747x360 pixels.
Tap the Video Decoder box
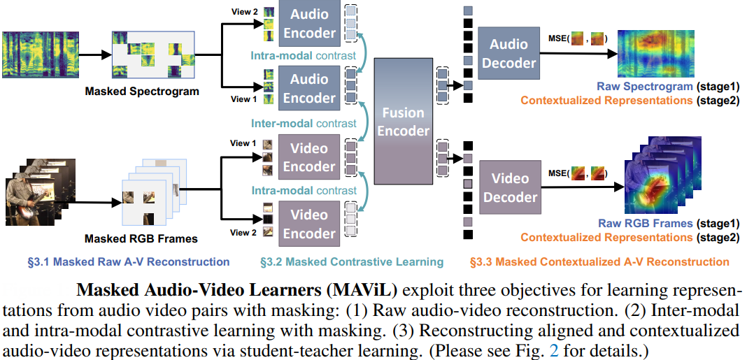tap(510, 187)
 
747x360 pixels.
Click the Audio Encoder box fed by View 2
tap(309, 22)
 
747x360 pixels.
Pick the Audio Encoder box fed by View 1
tap(309, 88)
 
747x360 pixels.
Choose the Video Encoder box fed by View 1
tap(309, 157)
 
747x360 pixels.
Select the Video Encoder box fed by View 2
tap(309, 224)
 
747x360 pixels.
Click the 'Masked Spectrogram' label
tap(142, 92)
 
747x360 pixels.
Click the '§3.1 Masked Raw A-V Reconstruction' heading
tap(129, 262)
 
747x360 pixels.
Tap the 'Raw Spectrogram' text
tap(644, 87)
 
